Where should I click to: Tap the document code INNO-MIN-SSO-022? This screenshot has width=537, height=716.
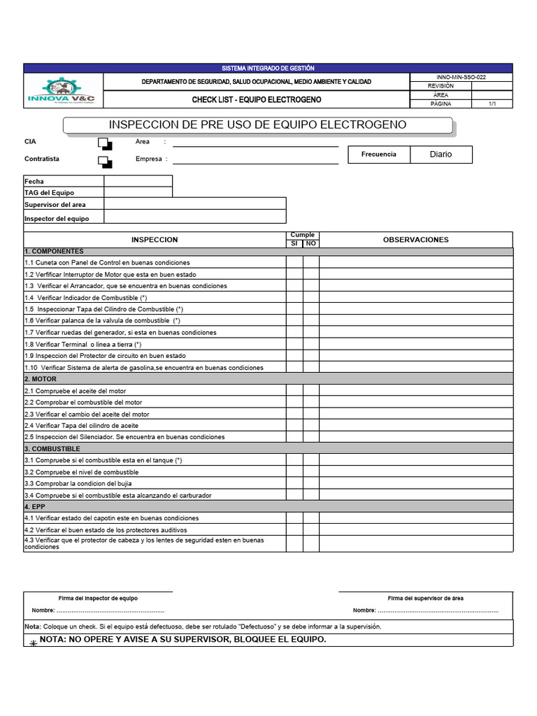[461, 78]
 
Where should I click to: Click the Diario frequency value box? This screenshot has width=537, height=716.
[441, 155]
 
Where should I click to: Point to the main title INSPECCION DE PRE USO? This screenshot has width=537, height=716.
[258, 125]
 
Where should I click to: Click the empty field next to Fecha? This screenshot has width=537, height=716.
[138, 181]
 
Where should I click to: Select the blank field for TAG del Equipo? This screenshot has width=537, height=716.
[138, 192]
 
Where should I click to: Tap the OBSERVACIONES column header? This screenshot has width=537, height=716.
[415, 240]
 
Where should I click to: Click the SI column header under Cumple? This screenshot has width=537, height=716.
[294, 243]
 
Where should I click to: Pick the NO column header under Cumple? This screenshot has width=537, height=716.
[310, 243]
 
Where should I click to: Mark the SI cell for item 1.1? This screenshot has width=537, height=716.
[294, 262]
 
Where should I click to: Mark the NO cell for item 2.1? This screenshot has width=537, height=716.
[310, 391]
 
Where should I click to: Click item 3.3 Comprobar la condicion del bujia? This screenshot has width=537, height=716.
[78, 483]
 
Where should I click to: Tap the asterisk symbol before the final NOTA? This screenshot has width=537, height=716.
[33, 641]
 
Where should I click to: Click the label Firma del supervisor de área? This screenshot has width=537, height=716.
[425, 598]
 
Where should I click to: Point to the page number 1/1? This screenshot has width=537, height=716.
[492, 103]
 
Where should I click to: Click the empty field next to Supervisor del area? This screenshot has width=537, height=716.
[194, 204]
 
